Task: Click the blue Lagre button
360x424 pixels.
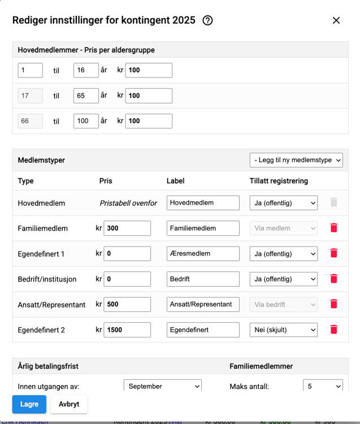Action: pyautogui.click(x=29, y=404)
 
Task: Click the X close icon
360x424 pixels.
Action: pyautogui.click(x=336, y=20)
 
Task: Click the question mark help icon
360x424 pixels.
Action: pyautogui.click(x=207, y=20)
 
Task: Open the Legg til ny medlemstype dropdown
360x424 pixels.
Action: pyautogui.click(x=296, y=160)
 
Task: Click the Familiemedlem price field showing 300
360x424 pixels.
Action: pyautogui.click(x=127, y=228)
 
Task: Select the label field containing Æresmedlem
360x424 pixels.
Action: pyautogui.click(x=203, y=254)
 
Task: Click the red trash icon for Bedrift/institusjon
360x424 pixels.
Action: pyautogui.click(x=334, y=279)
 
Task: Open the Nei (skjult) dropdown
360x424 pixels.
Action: pyautogui.click(x=284, y=330)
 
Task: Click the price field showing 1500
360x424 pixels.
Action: pyautogui.click(x=127, y=330)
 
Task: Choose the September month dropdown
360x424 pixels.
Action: pyautogui.click(x=163, y=386)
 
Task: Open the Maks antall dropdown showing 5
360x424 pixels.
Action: pyautogui.click(x=323, y=386)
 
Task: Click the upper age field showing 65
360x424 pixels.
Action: pyautogui.click(x=86, y=96)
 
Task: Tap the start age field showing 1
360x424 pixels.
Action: pyautogui.click(x=30, y=70)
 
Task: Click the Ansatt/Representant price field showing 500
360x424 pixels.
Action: pyautogui.click(x=127, y=304)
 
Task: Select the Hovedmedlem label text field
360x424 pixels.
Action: pyautogui.click(x=203, y=203)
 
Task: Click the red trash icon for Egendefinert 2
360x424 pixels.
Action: pyautogui.click(x=334, y=330)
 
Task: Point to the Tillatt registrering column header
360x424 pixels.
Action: pyautogui.click(x=279, y=181)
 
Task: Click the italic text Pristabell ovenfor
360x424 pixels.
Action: pyautogui.click(x=128, y=203)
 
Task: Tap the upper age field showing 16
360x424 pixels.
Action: pyautogui.click(x=86, y=70)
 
